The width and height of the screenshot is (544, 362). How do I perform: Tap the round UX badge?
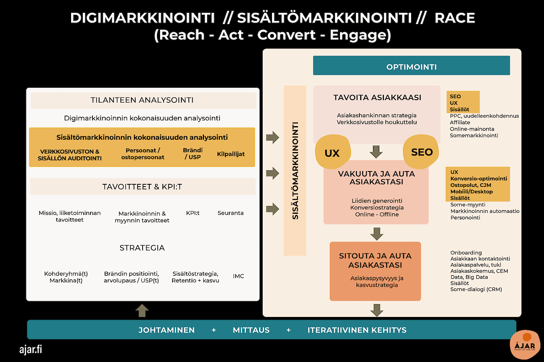333,152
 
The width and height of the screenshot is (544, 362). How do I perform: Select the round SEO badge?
421,152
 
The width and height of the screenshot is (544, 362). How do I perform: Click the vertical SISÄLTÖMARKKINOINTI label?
295,171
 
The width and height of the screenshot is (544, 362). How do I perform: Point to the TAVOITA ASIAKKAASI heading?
377,97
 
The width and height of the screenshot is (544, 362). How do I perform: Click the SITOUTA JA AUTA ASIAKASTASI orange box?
375,271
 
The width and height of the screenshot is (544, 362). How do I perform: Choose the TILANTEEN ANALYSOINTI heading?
142,100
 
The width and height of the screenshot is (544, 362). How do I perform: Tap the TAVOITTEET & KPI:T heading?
142,187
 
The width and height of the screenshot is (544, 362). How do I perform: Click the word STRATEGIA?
142,248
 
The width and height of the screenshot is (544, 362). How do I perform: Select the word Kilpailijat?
231,154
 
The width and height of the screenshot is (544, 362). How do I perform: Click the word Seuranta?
230,213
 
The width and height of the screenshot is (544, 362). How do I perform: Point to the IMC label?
239,276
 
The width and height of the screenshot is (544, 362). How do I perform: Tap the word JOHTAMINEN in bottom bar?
167,330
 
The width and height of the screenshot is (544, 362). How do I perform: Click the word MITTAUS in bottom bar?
251,330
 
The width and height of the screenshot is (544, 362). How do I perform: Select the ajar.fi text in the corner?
31,349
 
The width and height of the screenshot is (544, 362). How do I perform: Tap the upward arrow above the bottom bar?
142,310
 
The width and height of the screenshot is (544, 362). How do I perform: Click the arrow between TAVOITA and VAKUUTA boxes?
376,151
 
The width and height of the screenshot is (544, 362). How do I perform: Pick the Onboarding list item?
466,253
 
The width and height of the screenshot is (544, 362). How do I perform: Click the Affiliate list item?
460,122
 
